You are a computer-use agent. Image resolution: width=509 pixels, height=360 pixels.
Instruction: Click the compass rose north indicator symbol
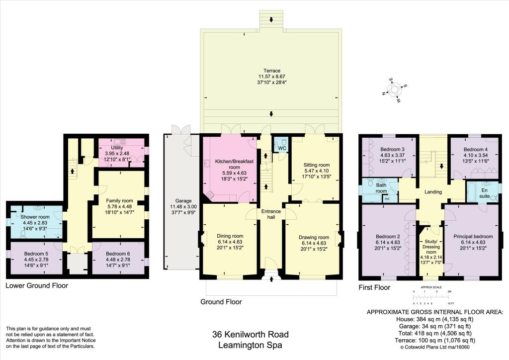[395, 90]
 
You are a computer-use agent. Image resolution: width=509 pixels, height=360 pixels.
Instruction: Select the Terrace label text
[271, 70]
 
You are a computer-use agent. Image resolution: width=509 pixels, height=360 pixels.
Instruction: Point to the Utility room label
[117, 148]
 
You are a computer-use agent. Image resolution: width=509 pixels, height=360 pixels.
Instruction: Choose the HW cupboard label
[387, 199]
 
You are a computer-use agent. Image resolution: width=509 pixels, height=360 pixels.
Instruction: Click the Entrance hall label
[271, 214]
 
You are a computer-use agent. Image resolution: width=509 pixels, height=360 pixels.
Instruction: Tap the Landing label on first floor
[433, 191]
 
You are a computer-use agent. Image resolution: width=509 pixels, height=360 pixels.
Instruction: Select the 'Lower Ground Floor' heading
[37, 285]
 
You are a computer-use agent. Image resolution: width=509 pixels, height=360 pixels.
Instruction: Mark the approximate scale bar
[431, 297]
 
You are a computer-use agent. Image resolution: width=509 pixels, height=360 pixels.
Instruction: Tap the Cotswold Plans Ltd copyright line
[435, 348]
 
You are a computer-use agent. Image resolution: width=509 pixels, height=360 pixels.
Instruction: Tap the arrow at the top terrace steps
[271, 20]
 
